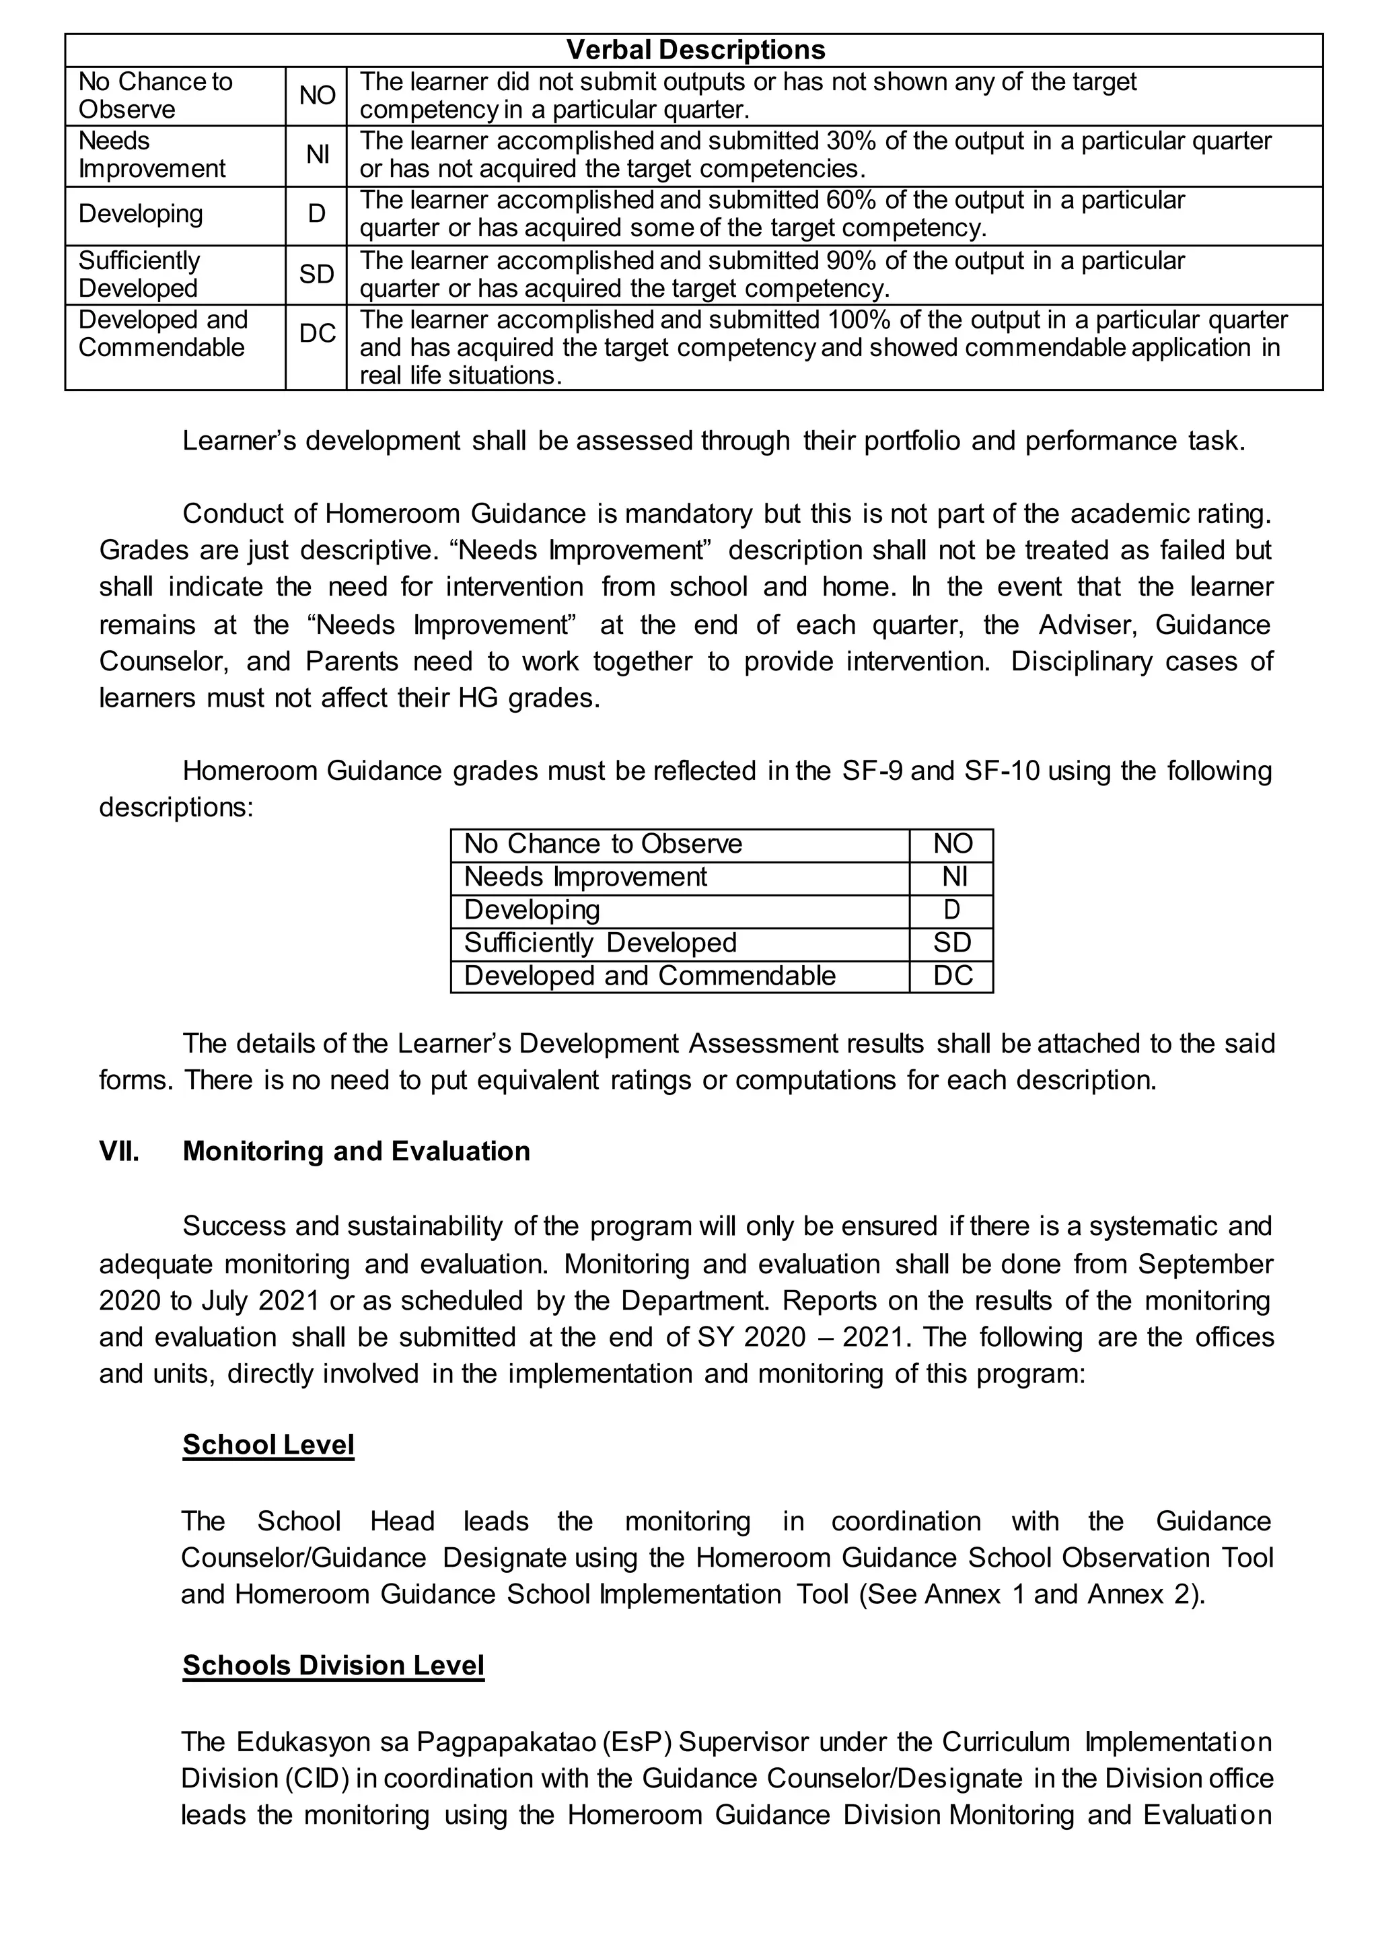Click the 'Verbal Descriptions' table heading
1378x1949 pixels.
click(695, 50)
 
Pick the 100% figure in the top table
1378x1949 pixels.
click(858, 320)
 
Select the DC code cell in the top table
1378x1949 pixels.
click(316, 334)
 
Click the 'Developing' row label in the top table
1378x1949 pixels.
click(141, 214)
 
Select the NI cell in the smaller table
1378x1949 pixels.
click(953, 877)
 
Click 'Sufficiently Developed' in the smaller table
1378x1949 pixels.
click(600, 943)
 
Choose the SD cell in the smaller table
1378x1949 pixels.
click(952, 943)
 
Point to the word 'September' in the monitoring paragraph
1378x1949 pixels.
click(1205, 1264)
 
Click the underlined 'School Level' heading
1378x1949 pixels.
click(268, 1445)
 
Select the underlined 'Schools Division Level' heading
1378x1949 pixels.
click(334, 1666)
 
